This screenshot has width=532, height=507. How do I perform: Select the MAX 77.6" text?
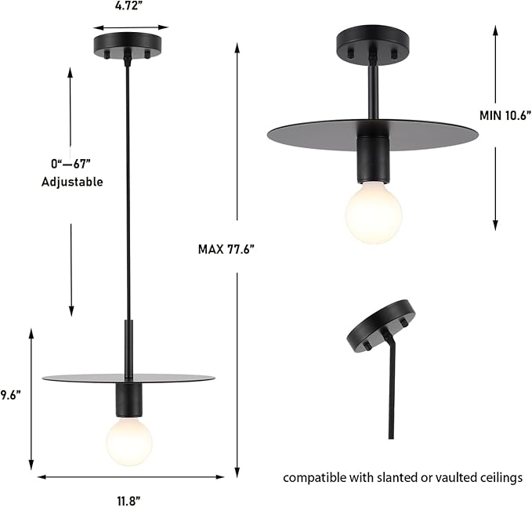pyautogui.click(x=226, y=249)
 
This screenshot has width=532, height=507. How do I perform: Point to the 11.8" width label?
pyautogui.click(x=130, y=499)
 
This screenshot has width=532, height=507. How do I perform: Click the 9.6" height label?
pyautogui.click(x=9, y=395)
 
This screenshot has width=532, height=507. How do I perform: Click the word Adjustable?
pyautogui.click(x=72, y=181)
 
